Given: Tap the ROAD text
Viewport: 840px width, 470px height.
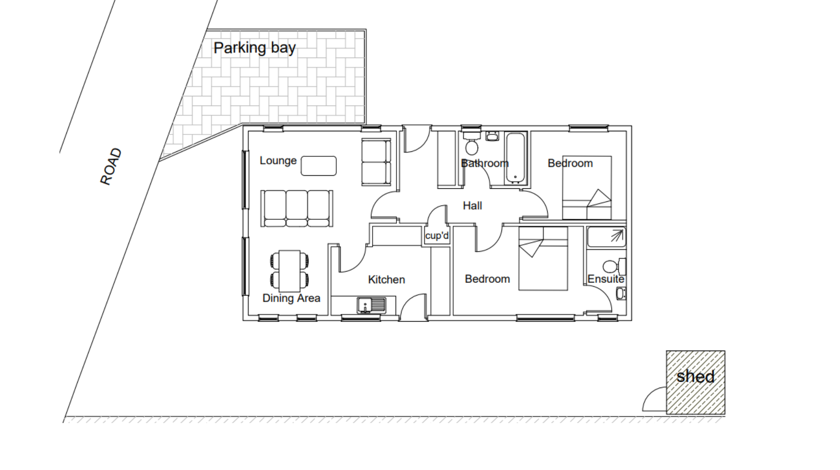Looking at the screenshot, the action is [x=111, y=166].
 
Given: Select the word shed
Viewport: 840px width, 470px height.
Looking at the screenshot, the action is [x=696, y=376].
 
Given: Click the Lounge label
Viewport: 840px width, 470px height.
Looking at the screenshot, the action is [x=278, y=161].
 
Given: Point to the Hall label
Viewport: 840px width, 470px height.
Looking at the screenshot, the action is [x=472, y=206].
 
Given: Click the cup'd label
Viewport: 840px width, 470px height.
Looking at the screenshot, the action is [x=437, y=235].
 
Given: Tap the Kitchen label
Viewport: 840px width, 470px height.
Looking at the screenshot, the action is [x=386, y=280].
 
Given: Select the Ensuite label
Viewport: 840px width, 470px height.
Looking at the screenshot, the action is [x=606, y=279].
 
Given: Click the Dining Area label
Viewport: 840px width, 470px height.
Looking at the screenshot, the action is [x=291, y=298].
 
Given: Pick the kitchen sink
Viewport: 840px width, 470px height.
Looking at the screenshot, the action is [x=371, y=305].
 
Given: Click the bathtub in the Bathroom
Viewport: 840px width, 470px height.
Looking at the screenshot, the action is [x=515, y=158].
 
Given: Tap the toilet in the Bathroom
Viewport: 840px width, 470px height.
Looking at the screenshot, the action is [x=472, y=143].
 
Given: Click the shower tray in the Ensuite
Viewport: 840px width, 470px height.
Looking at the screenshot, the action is [x=606, y=237].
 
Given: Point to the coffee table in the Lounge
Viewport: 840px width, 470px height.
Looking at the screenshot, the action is [x=319, y=166].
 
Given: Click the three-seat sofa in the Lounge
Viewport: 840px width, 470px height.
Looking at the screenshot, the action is [x=297, y=209].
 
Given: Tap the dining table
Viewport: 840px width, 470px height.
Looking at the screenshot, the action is [x=290, y=271].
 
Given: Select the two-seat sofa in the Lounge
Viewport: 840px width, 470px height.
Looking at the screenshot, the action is [x=376, y=162].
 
